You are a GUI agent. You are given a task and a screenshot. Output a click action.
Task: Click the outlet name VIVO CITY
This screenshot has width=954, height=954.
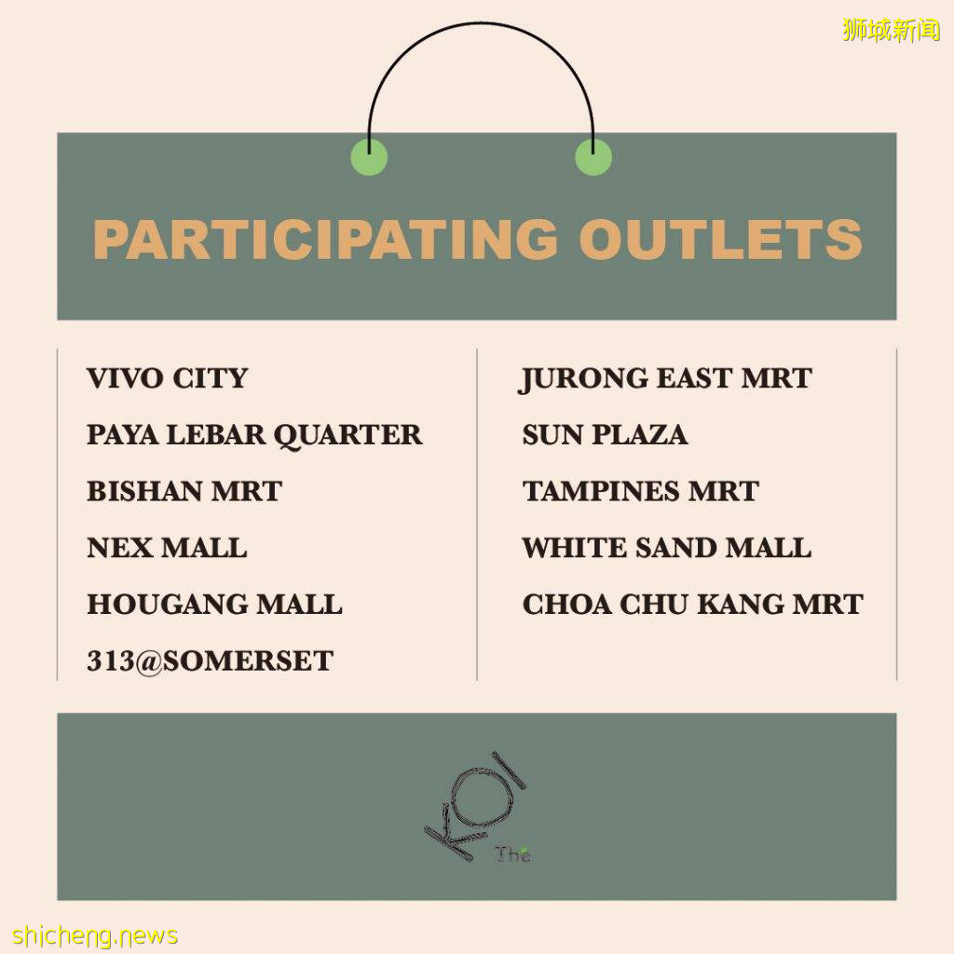168,378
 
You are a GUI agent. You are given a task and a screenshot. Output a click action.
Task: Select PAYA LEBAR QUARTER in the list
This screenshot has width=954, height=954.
254,435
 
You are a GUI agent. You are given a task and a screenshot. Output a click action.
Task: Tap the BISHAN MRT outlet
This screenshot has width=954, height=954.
184,491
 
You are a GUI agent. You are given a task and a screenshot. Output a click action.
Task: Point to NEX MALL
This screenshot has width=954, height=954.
167,548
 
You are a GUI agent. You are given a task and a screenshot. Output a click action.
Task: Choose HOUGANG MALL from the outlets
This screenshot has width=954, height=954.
215,604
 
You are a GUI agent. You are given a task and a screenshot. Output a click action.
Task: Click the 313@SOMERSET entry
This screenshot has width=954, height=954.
210,661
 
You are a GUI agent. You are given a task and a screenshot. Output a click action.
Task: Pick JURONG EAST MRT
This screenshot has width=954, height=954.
664,379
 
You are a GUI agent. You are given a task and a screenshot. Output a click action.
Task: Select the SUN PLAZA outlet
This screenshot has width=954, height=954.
605,434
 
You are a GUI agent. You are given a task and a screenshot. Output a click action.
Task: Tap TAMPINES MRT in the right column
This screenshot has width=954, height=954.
641,491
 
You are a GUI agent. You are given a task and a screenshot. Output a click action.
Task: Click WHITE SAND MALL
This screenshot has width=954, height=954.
667,548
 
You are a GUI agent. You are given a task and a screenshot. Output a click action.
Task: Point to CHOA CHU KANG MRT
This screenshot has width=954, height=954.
693,604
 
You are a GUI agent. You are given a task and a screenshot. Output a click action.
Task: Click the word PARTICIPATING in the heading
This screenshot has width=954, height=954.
325,238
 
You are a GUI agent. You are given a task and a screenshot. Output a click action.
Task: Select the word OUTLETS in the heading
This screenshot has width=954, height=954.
720,238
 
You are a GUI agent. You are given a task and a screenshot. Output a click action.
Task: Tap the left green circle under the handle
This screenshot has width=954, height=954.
369,157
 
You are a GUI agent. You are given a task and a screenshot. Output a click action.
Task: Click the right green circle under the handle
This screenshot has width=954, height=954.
593,157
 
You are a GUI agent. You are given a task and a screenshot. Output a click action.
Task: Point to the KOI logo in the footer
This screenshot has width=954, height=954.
475,804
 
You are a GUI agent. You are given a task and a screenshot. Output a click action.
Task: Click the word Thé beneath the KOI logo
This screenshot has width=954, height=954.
513,854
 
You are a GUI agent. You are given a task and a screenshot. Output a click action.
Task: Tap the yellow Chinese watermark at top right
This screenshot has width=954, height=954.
892,30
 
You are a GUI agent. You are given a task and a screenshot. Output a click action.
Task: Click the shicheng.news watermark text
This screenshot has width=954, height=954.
96,935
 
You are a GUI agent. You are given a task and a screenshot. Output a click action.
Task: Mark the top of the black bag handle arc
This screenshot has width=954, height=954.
481,23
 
